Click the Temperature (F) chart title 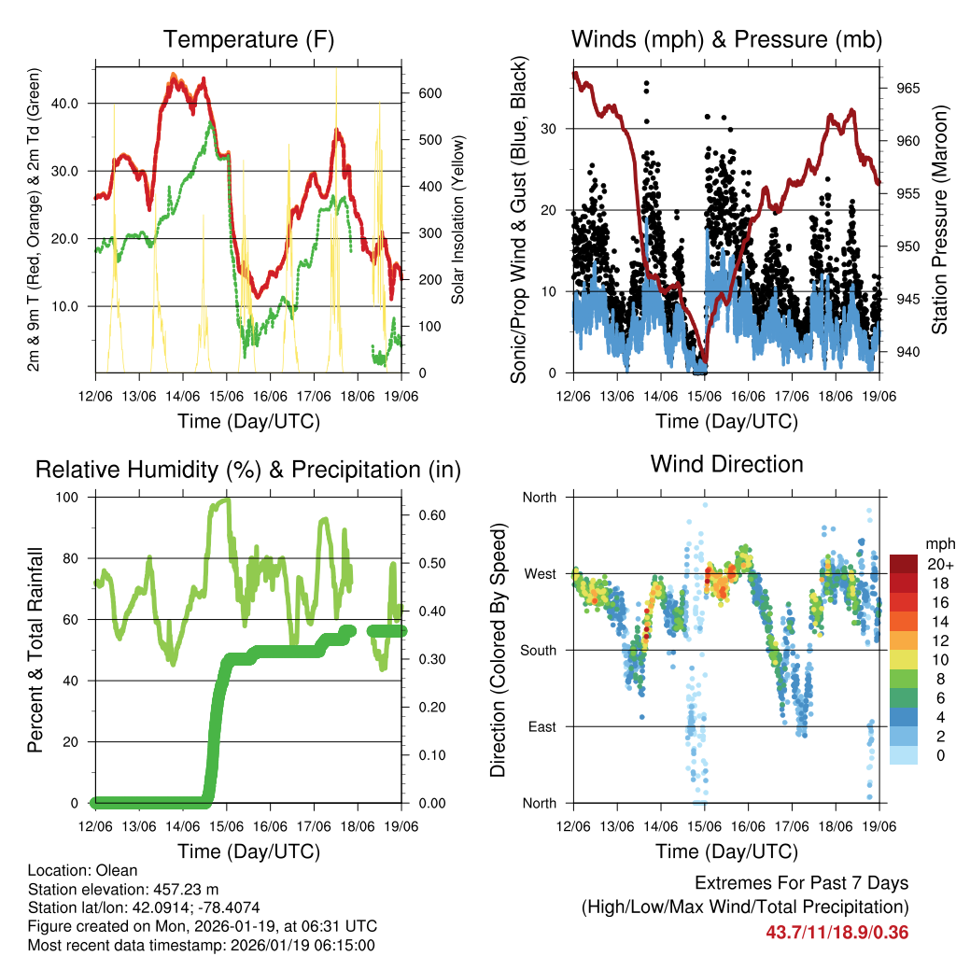[248, 40]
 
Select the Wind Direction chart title [726, 464]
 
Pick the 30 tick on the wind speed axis [555, 129]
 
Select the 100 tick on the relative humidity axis [76, 497]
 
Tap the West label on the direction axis [539, 573]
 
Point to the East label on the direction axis [541, 726]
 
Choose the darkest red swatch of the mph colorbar [904, 564]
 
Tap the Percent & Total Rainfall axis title [36, 651]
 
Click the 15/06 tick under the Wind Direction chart [704, 826]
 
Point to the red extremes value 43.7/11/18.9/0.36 [837, 932]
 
